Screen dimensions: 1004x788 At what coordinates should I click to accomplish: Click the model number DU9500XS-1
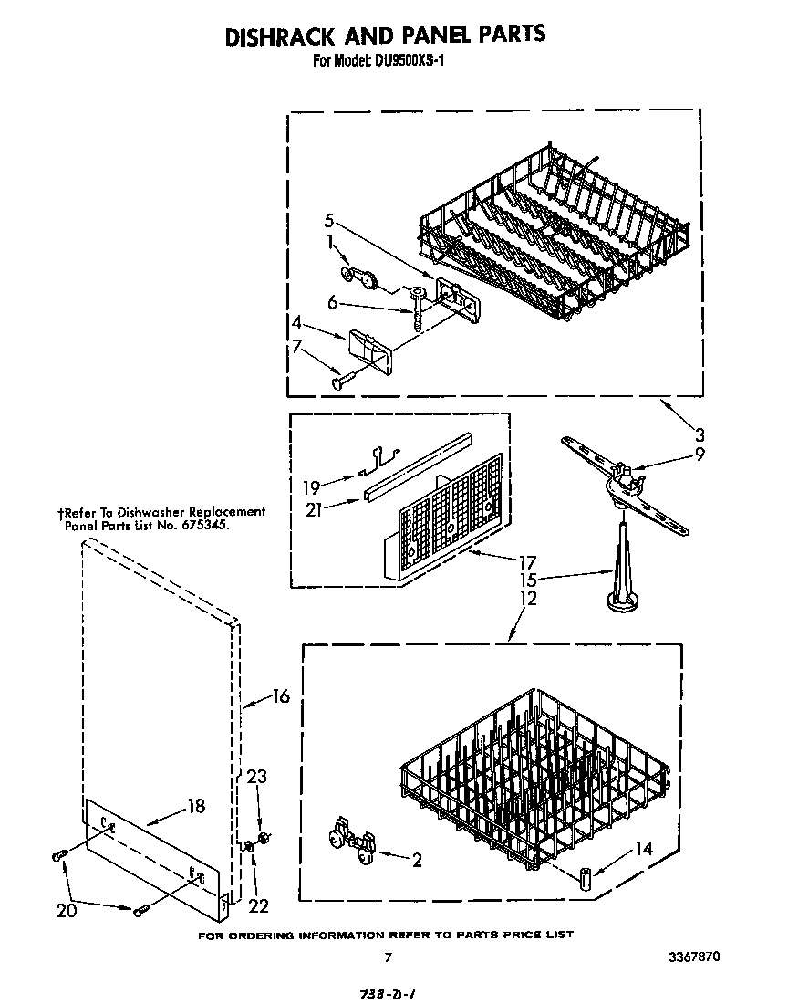point(407,62)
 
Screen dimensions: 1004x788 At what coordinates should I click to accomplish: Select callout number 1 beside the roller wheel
point(330,244)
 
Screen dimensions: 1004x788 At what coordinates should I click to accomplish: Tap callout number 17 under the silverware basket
point(526,562)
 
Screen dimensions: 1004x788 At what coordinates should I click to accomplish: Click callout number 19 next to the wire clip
point(312,486)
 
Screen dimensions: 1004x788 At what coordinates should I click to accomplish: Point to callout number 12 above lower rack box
point(526,599)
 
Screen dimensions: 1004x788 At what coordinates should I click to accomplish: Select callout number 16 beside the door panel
point(280,696)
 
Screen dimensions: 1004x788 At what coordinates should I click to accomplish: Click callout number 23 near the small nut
point(258,778)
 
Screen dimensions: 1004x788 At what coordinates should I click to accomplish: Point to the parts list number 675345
point(198,526)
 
